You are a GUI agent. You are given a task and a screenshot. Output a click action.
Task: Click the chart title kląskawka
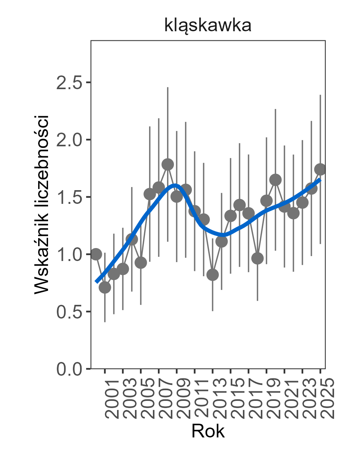pyautogui.click(x=207, y=26)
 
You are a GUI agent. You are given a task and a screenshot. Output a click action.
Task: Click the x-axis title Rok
pyautogui.click(x=208, y=431)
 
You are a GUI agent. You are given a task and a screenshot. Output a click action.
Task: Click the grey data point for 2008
pyautogui.click(x=167, y=165)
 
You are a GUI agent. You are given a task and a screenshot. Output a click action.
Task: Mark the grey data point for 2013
pyautogui.click(x=212, y=275)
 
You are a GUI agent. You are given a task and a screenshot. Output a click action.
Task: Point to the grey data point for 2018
pyautogui.click(x=257, y=258)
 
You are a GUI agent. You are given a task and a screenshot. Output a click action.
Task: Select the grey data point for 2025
pyautogui.click(x=320, y=169)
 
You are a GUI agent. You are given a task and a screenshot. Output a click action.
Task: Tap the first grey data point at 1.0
pyautogui.click(x=96, y=254)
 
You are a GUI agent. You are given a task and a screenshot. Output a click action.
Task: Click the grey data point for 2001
pyautogui.click(x=105, y=288)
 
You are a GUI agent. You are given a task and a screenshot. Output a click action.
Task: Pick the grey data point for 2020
pyautogui.click(x=275, y=179)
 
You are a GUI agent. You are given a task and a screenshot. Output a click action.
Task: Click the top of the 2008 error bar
pyautogui.click(x=167, y=88)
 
